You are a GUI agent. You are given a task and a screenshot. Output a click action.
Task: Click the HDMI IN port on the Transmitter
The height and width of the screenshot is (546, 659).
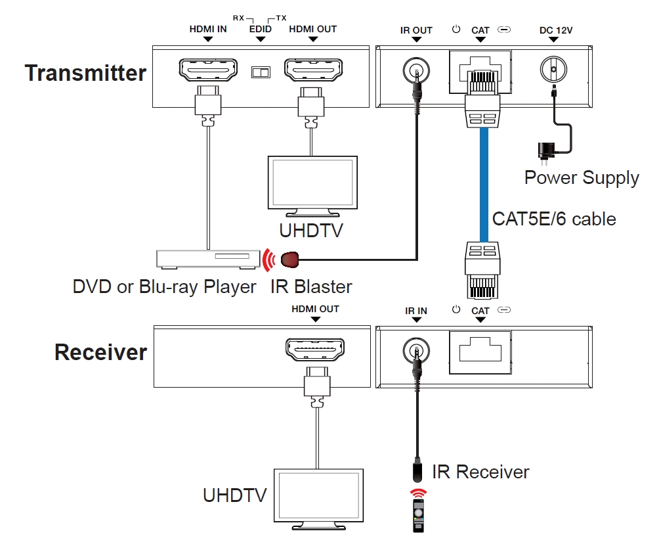tap(208, 68)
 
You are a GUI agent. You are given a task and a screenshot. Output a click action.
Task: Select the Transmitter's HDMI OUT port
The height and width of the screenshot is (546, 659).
tap(312, 68)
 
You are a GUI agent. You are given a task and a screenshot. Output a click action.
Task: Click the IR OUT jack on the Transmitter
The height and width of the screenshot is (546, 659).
tap(415, 68)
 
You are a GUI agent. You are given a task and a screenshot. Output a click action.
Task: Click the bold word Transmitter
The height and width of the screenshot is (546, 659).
tap(85, 72)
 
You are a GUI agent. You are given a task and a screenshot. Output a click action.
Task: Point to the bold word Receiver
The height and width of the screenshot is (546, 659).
tap(100, 352)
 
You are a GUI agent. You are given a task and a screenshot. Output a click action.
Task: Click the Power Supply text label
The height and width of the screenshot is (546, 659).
tap(582, 177)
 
